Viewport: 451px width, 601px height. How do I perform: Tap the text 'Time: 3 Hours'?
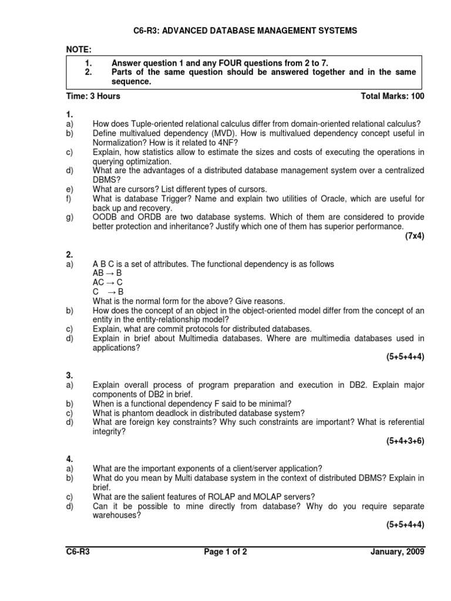(x=92, y=96)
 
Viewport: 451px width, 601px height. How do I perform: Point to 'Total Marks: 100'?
(x=392, y=96)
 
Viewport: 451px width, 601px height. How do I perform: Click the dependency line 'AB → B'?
(x=107, y=274)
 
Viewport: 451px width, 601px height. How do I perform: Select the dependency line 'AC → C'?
(x=107, y=282)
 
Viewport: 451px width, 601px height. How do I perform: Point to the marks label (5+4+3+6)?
(x=405, y=441)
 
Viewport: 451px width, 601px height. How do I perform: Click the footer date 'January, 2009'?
(x=397, y=552)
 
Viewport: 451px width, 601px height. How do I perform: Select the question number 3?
(x=69, y=375)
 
